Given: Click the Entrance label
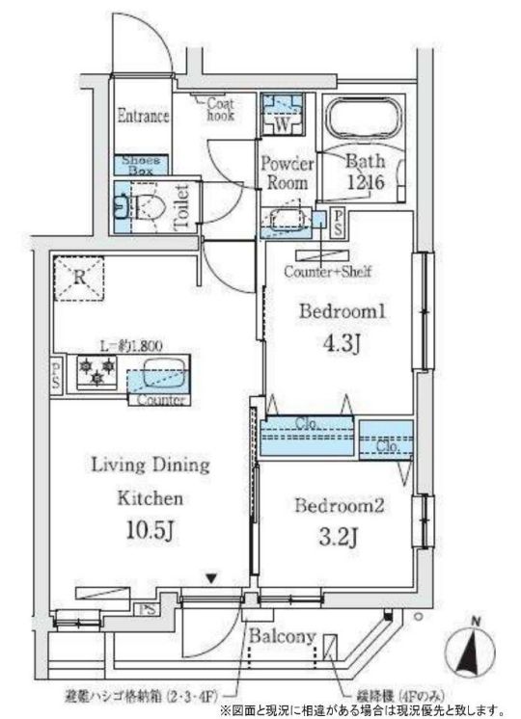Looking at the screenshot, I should point(143,117).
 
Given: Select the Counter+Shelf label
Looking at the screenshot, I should point(328,272).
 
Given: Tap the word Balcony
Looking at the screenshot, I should point(281,637).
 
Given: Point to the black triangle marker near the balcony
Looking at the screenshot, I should point(211,578).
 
